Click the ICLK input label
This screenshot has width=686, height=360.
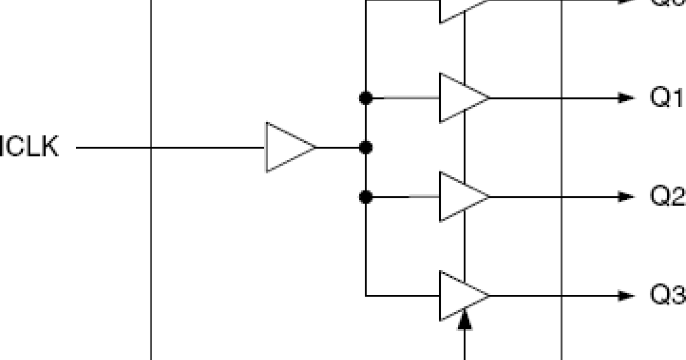(x=29, y=147)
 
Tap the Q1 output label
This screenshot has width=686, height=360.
(x=667, y=98)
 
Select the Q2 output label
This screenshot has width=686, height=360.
(x=667, y=197)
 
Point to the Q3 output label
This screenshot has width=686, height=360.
(x=667, y=295)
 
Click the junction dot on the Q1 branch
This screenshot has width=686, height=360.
(x=366, y=98)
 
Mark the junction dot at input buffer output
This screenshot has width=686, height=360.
(x=366, y=147)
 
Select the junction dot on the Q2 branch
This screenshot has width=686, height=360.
(x=366, y=197)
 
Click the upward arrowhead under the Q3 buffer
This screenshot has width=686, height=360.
(x=465, y=319)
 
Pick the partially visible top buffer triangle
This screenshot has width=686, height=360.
(x=457, y=8)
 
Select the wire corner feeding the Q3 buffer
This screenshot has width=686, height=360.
(x=366, y=296)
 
